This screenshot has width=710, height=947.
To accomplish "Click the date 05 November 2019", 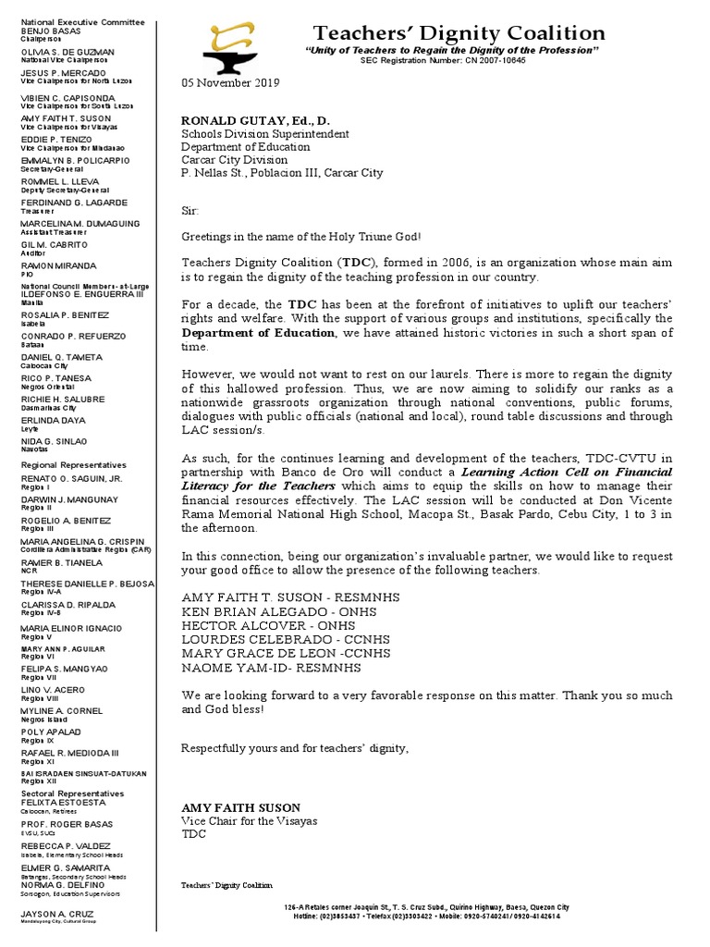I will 228,84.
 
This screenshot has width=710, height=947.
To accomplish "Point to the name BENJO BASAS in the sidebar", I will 47,31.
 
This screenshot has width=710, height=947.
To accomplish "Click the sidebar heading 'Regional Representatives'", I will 73,464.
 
